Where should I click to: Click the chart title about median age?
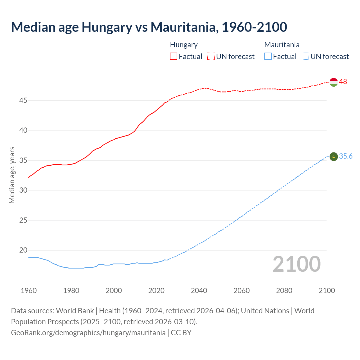[149, 27]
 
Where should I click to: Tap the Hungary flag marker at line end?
[334, 82]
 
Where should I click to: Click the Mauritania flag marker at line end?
[334, 157]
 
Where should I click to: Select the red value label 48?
[343, 82]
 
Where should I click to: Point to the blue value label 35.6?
[346, 156]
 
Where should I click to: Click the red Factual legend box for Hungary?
[174, 57]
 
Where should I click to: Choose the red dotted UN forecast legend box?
[211, 57]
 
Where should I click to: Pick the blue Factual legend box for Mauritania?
[268, 57]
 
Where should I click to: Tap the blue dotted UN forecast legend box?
[305, 57]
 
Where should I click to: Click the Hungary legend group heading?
[184, 45]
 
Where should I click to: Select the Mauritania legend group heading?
[282, 45]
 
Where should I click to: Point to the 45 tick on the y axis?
[23, 100]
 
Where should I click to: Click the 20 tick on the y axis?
[23, 250]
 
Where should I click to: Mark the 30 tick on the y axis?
[23, 190]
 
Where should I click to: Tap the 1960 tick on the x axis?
[29, 291]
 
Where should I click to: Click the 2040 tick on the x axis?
[199, 291]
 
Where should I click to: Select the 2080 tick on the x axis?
[284, 291]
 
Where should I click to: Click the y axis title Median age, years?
[12, 175]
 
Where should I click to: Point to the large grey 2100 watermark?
[297, 264]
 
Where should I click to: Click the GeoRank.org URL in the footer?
[88, 333]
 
